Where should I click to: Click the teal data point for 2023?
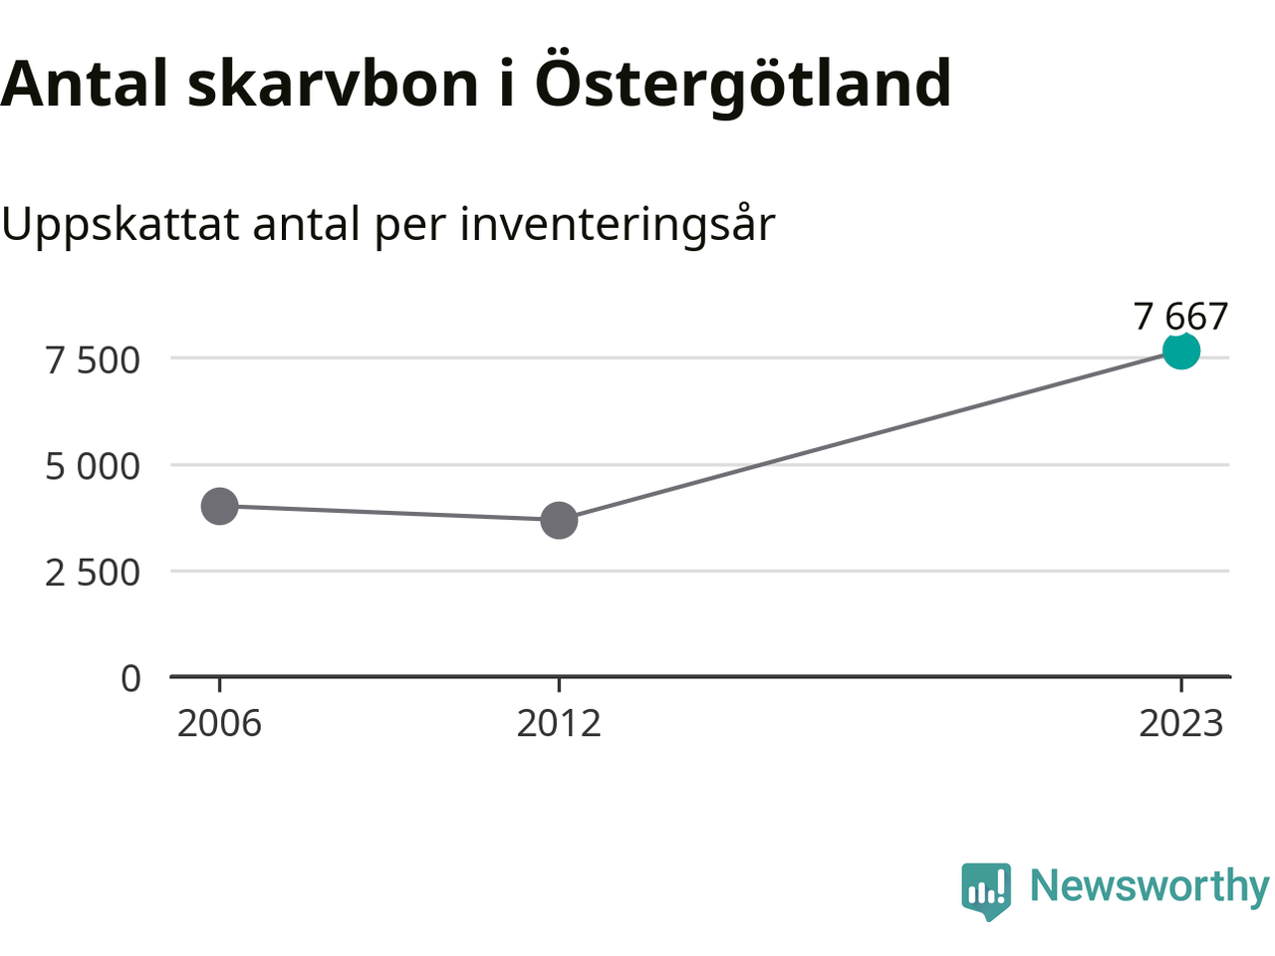pos(1181,352)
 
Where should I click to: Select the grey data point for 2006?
pos(219,506)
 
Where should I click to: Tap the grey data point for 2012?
pos(559,520)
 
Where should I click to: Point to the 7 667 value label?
pos(1180,317)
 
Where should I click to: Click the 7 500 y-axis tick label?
pos(93,360)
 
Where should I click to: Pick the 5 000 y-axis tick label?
pos(93,467)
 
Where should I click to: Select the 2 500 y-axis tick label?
pos(93,573)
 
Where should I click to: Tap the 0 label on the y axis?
pos(130,678)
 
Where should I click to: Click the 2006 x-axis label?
pos(219,724)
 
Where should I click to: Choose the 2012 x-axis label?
pos(559,724)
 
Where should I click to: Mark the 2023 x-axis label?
pos(1181,724)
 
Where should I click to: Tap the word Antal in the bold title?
pos(85,84)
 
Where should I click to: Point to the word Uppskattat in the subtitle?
pos(121,225)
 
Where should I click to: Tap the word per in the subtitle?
pos(410,229)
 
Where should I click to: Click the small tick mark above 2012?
pos(559,685)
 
